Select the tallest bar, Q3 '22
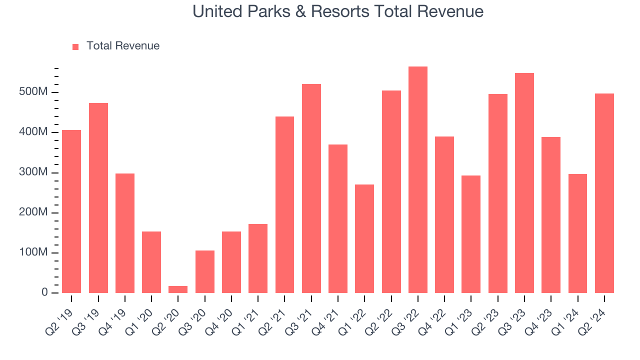[x=418, y=180]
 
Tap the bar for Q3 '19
[x=98, y=198]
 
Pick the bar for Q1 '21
[x=258, y=258]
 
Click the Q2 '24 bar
[x=604, y=193]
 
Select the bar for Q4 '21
[x=338, y=219]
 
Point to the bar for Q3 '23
[x=524, y=183]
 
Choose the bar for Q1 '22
[x=364, y=239]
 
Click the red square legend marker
[x=75, y=46]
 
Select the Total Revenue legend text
[x=123, y=46]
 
